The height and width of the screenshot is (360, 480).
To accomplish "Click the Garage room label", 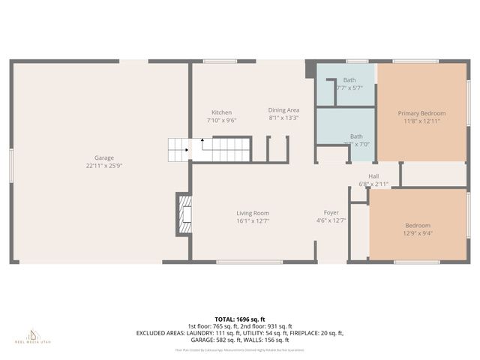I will point(103,157).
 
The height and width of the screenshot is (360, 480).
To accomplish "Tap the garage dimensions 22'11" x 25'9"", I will point(103,166).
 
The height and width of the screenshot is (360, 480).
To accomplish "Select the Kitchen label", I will point(221,112).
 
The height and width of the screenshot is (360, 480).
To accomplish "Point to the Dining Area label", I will point(283,109).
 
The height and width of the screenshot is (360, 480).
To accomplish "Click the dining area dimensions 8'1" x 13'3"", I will point(283,118).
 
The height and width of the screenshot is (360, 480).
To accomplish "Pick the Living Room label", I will point(253,213).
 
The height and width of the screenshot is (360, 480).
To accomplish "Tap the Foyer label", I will point(331,213).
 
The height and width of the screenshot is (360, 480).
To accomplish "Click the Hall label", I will point(373,176).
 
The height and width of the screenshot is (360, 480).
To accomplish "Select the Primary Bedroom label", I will point(421,112).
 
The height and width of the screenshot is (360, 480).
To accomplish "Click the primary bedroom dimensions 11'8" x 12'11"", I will point(421,121).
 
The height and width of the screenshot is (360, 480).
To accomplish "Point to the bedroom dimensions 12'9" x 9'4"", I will point(418,233).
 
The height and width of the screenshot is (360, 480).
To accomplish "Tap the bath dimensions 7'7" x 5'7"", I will point(349,88).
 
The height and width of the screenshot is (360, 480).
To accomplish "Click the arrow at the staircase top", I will point(202,139).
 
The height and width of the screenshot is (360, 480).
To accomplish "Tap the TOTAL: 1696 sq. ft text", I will point(239,319).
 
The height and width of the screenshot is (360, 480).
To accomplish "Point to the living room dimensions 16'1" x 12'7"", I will point(253,221).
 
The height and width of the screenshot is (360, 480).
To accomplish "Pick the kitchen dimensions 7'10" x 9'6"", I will point(221,120).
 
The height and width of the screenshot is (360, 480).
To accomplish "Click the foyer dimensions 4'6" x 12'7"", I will point(331,221).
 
